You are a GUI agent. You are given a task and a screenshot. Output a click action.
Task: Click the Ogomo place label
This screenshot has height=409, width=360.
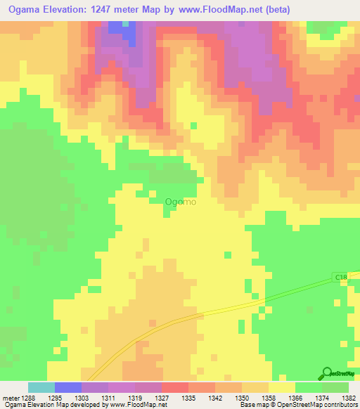(x=180, y=202)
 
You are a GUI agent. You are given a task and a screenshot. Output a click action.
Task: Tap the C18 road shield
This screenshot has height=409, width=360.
(x=341, y=278)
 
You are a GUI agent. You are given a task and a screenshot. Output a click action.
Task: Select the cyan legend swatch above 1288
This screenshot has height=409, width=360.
(x=41, y=387)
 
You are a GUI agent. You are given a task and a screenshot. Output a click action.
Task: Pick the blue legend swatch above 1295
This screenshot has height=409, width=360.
(x=68, y=387)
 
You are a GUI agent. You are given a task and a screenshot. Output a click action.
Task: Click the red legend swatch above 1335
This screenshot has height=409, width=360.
(x=175, y=387)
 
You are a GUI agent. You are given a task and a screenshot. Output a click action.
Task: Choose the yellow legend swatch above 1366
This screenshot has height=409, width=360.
(x=282, y=387)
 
